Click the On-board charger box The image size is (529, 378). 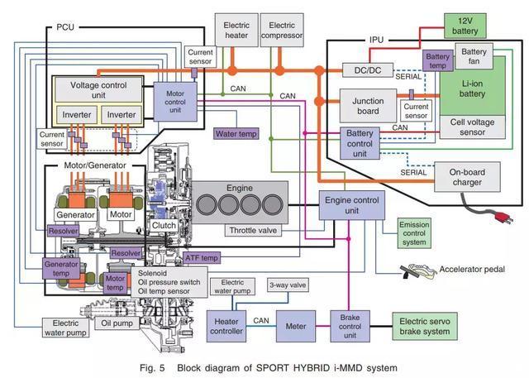[x=466, y=178]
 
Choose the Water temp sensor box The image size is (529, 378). [x=237, y=133]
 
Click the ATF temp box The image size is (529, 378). [x=202, y=258]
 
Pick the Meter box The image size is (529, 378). [x=296, y=325]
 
